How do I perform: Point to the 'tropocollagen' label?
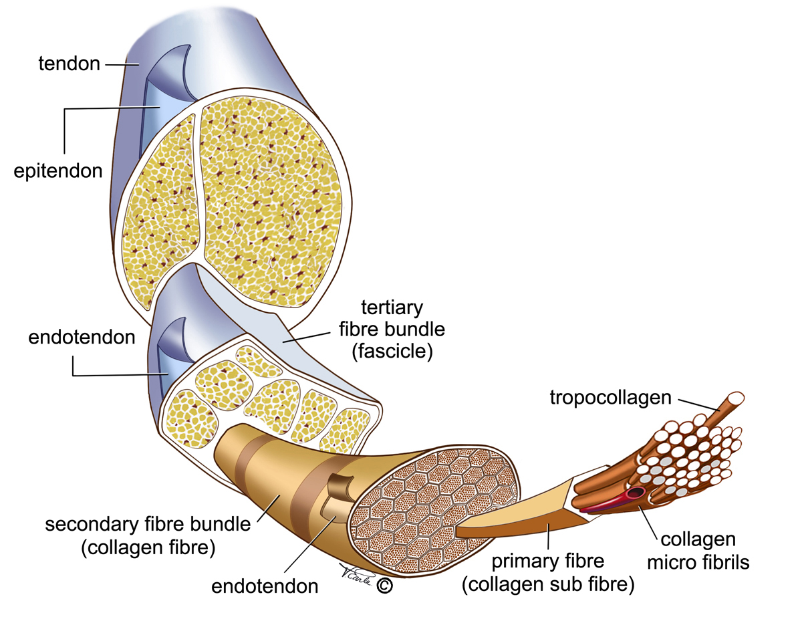click(610, 398)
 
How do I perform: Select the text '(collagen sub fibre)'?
click(547, 585)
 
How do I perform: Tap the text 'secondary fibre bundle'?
click(148, 523)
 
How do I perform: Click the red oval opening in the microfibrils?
click(633, 495)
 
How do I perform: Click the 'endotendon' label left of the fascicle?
click(82, 337)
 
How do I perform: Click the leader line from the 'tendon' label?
click(120, 64)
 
